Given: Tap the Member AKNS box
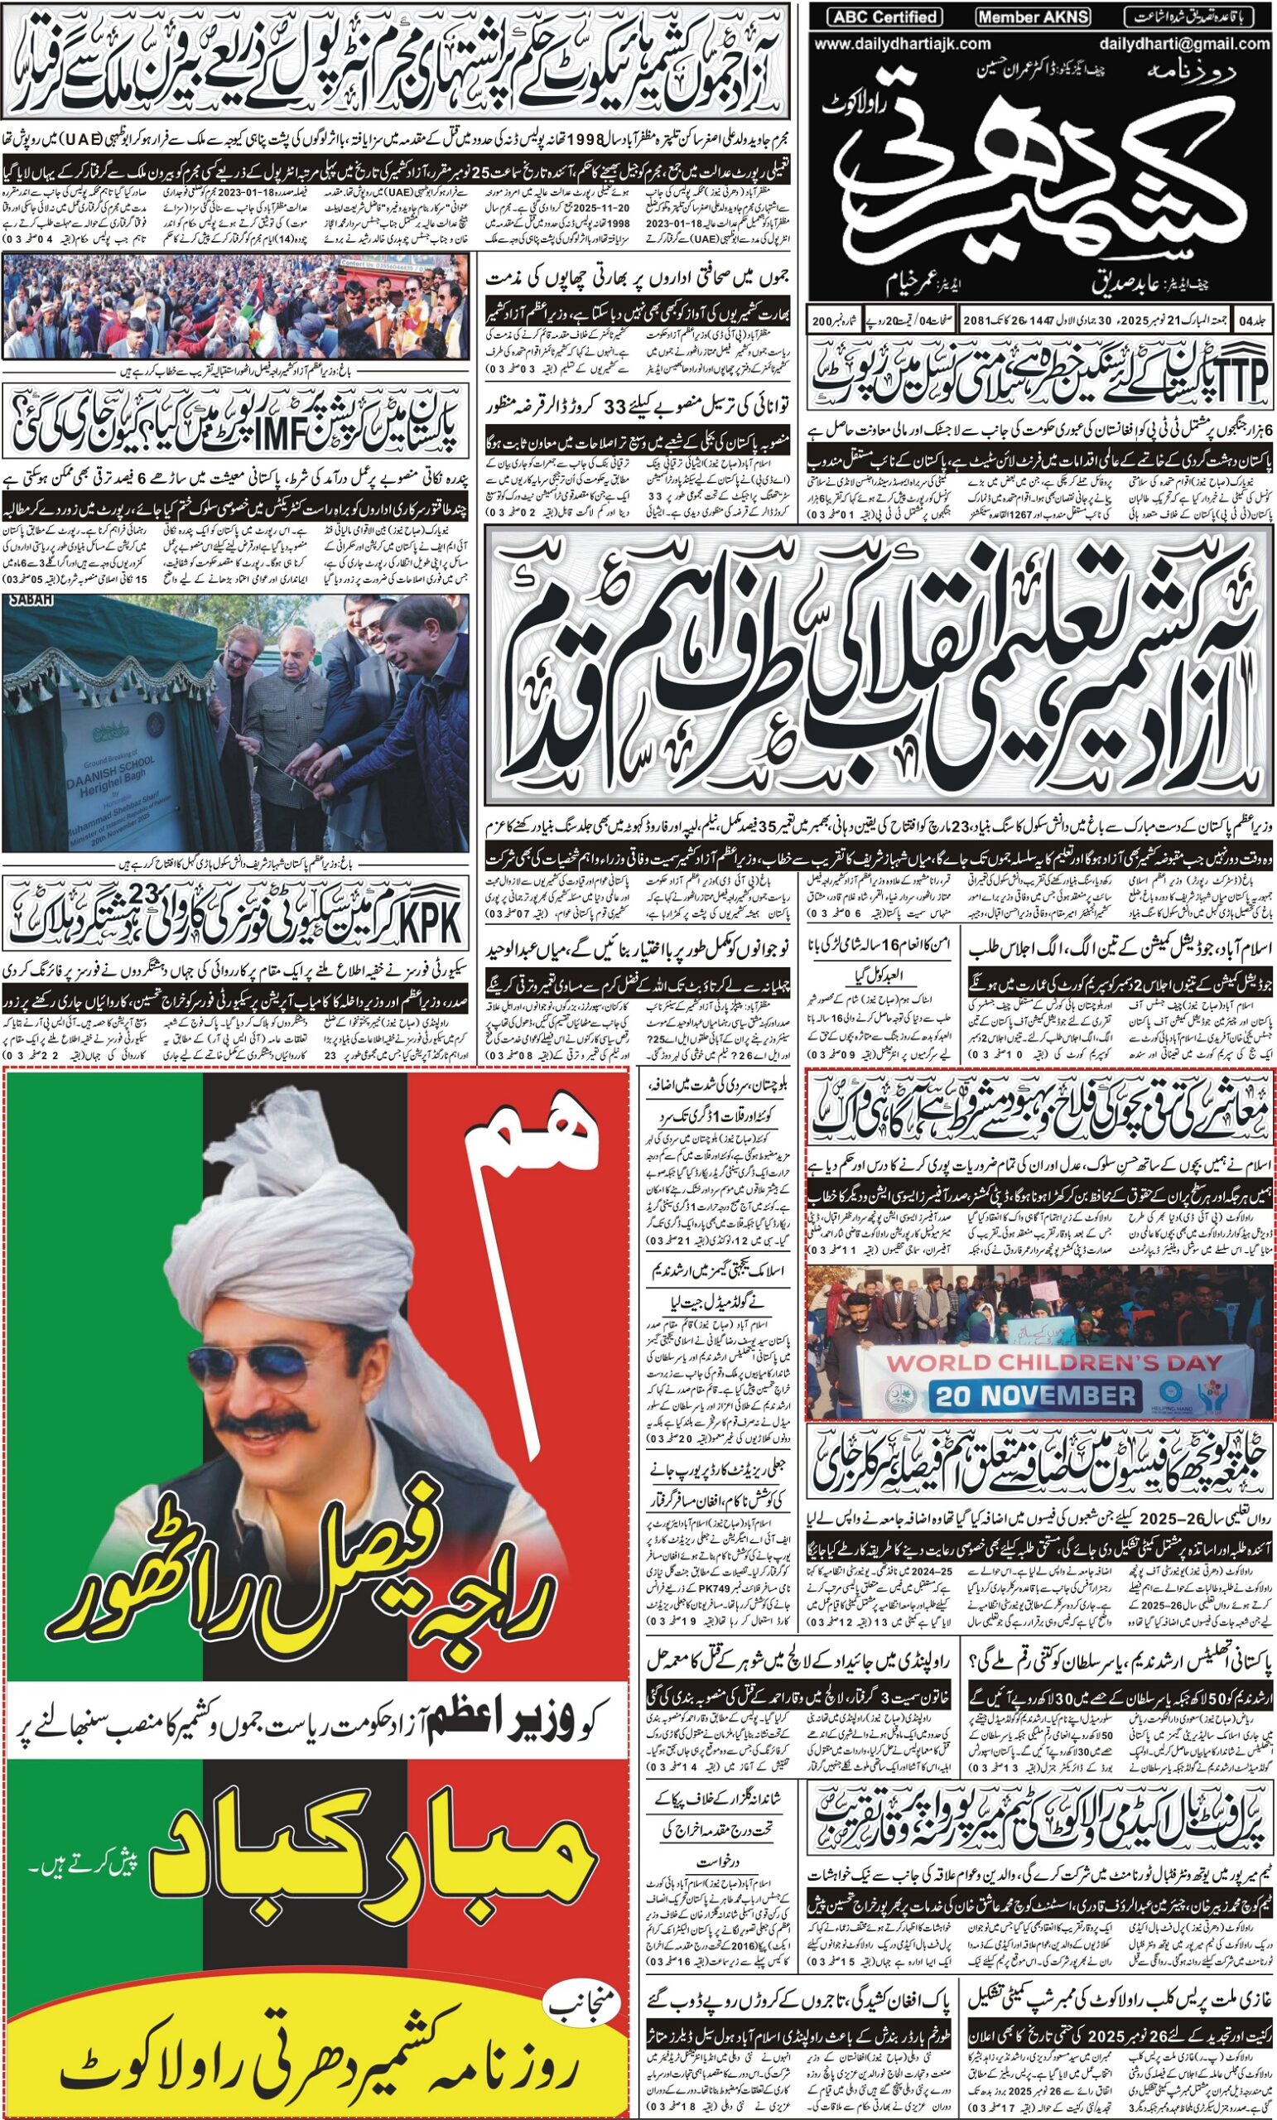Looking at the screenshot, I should click(x=1034, y=17).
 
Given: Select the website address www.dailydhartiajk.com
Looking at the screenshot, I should click(x=902, y=44).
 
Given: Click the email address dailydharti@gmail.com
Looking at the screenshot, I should click(x=1183, y=44).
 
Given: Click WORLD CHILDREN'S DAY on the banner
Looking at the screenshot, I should click(x=1053, y=1363).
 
